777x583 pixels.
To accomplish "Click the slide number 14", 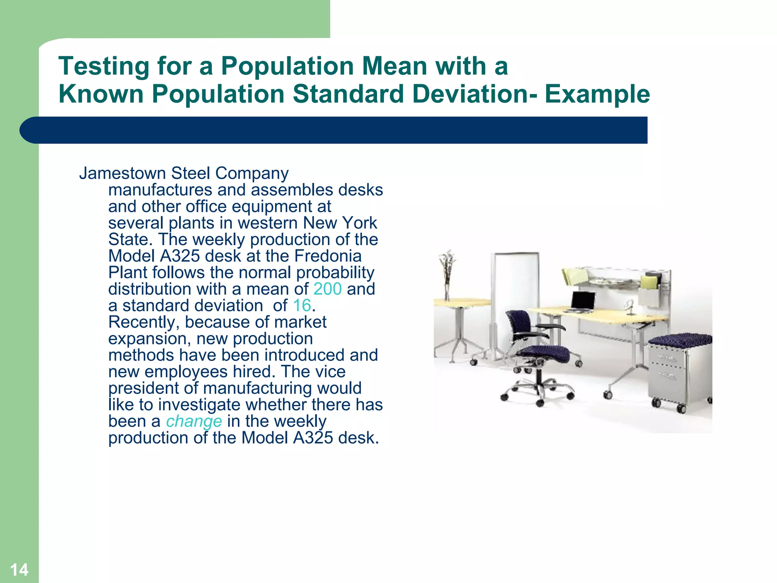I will (19, 569).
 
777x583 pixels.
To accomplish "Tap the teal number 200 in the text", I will (327, 289).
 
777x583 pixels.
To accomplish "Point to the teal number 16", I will (302, 306).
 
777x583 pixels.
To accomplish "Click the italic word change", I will (194, 421).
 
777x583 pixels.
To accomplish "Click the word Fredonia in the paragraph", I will (328, 256).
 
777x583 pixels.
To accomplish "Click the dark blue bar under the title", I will (334, 130).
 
